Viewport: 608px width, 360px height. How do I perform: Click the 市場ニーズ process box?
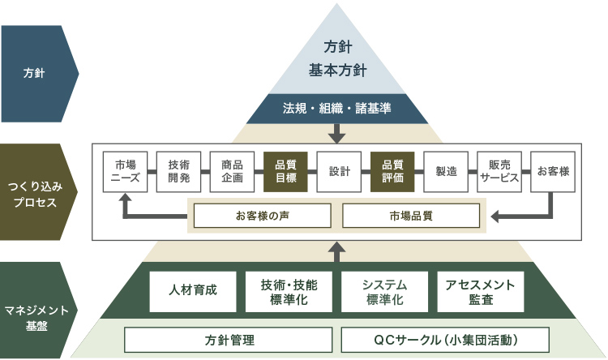[x=126, y=172]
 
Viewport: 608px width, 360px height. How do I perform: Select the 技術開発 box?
[x=178, y=172]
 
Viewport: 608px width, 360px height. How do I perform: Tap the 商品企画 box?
[x=232, y=172]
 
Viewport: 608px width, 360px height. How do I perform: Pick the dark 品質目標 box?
[x=285, y=172]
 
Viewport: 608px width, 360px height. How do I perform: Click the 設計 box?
[x=339, y=172]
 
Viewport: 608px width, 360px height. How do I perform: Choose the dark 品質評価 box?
[x=392, y=172]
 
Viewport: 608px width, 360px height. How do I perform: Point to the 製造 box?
[x=446, y=172]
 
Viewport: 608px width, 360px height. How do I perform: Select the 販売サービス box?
[x=499, y=172]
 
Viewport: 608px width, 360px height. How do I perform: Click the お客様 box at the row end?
[x=553, y=172]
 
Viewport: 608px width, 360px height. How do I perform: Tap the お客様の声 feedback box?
[x=263, y=216]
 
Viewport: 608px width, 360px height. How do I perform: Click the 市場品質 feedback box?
[x=411, y=216]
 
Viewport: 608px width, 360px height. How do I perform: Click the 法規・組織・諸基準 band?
[x=338, y=108]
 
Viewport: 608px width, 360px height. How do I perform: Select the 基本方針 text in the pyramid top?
[x=338, y=70]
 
